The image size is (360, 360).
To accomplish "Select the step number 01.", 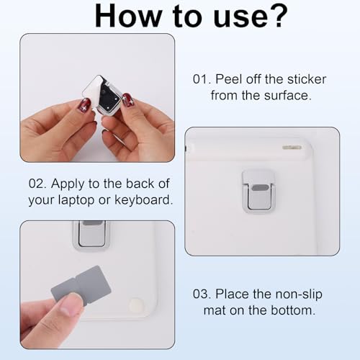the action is coord(202,79).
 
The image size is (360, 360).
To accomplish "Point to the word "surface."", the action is coord(288,95).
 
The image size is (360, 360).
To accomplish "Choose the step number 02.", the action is coord(37,184).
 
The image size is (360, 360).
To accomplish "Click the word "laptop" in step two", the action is coord(76,200).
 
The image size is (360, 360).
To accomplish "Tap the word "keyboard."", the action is coord(143,199).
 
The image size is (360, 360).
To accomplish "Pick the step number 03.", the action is coord(202,294).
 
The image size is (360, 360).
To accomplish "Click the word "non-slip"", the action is coord(299,294).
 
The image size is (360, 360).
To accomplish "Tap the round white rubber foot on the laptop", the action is coord(137,305).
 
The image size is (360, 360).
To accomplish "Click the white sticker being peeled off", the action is coord(94,91).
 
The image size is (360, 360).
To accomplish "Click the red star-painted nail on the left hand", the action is coord(84,105).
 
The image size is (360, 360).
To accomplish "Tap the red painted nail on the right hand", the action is coord(127,99).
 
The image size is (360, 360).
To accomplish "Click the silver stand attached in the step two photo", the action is coord(258,192).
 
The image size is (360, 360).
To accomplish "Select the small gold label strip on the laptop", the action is coord(292,147).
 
